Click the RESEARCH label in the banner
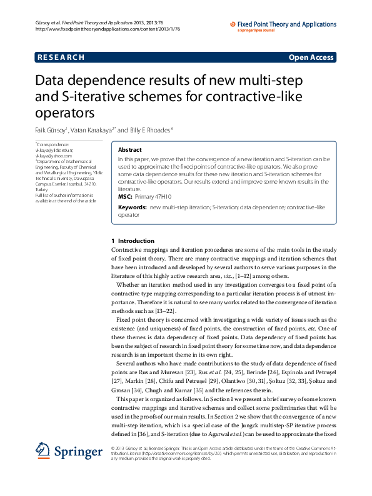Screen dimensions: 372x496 pyautogui.click(x=61, y=57)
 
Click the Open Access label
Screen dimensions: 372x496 pyautogui.click(x=311, y=57)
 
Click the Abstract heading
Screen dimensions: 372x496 pyautogui.click(x=129, y=150)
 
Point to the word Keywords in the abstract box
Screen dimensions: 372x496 pyautogui.click(x=132, y=206)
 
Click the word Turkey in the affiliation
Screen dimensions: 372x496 pyautogui.click(x=42, y=190)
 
